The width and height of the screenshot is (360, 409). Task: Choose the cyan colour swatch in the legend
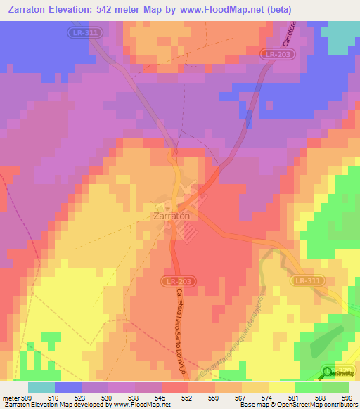[41, 387]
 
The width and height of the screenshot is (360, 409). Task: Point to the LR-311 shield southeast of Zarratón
[307, 280]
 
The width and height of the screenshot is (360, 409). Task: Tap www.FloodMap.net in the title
[219, 10]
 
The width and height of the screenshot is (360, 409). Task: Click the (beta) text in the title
[276, 10]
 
